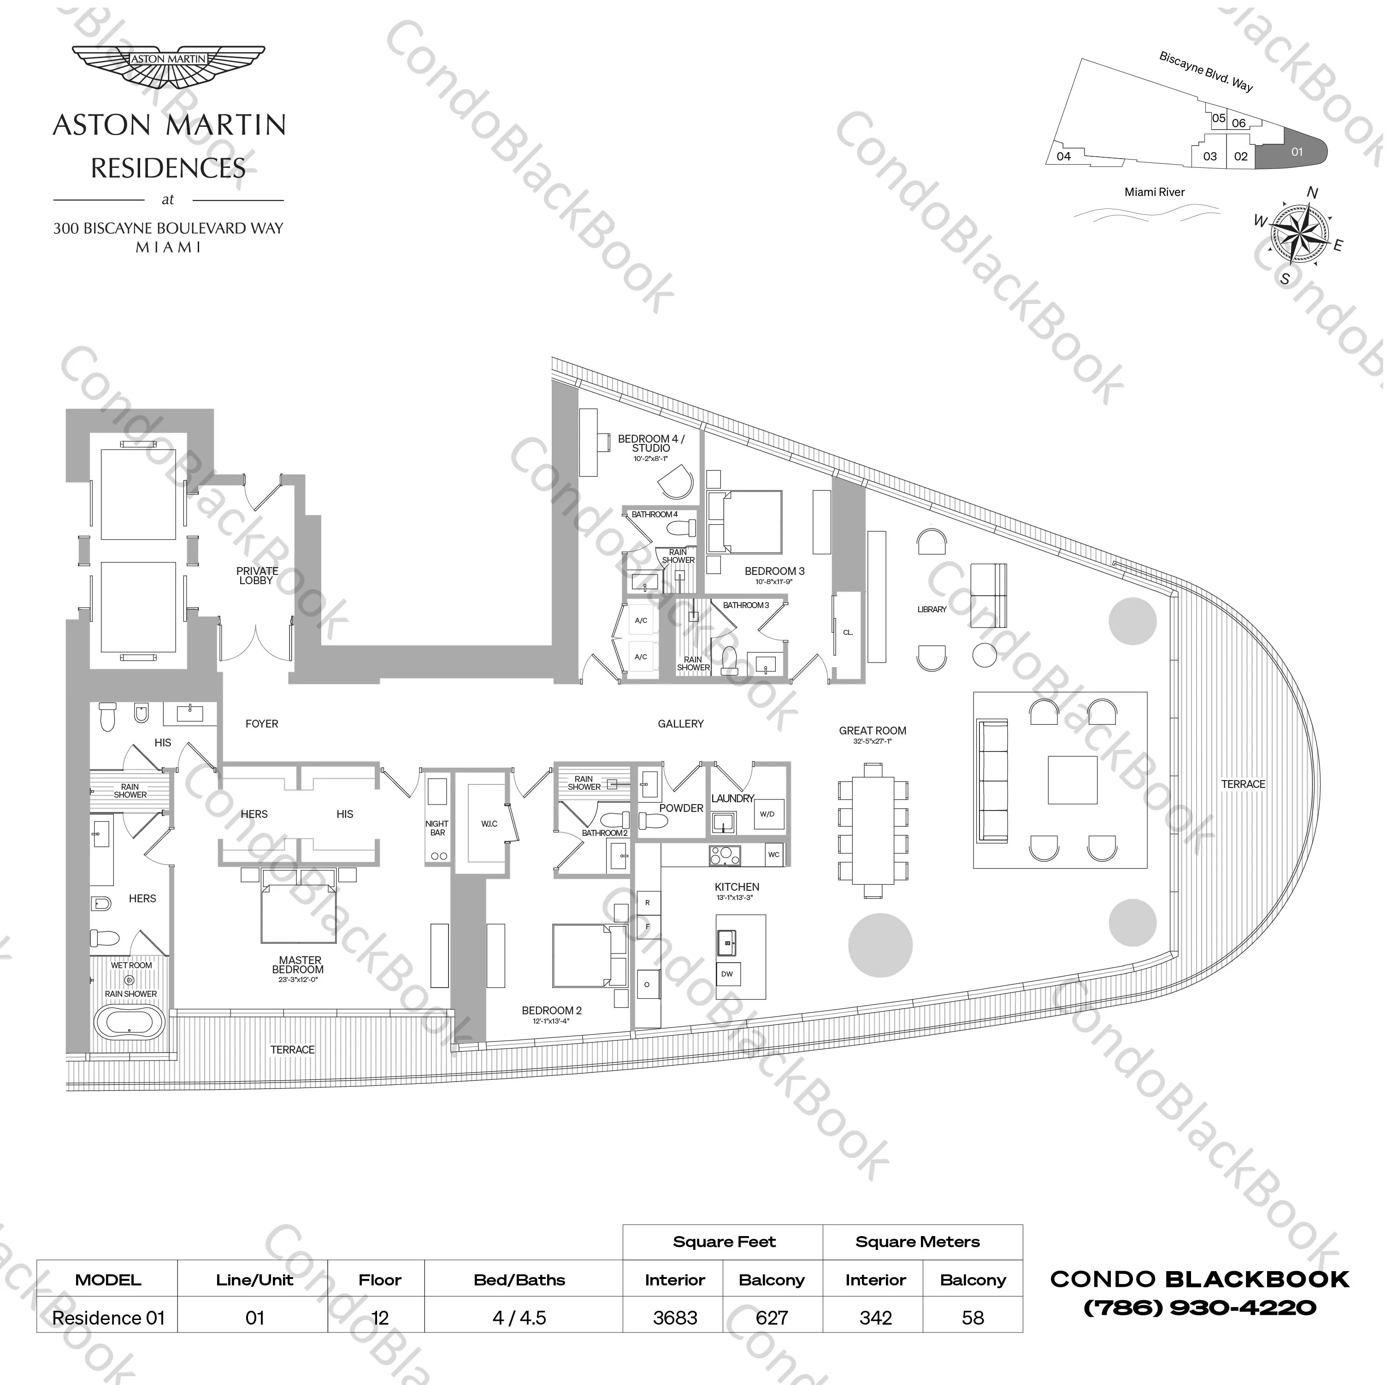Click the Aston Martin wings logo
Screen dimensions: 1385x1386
169,66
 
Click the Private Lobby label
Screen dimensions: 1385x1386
257,575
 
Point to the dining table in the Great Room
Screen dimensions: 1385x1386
873,830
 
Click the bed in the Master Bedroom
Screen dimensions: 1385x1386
298,908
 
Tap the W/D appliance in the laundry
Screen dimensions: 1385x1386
767,814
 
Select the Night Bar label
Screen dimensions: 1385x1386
437,828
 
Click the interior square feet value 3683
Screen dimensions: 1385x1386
675,1318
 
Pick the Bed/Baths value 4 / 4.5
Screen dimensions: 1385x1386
519,1318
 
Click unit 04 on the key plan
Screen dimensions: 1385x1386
1064,156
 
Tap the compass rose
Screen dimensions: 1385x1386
1299,233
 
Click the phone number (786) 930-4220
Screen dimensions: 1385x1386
1199,1308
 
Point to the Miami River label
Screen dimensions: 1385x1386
1154,192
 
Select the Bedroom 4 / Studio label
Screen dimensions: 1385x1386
651,444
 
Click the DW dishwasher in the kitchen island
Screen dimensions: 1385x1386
727,974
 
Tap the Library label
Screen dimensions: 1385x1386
932,609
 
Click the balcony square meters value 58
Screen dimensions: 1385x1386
973,1318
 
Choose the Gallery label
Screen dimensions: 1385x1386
681,724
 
